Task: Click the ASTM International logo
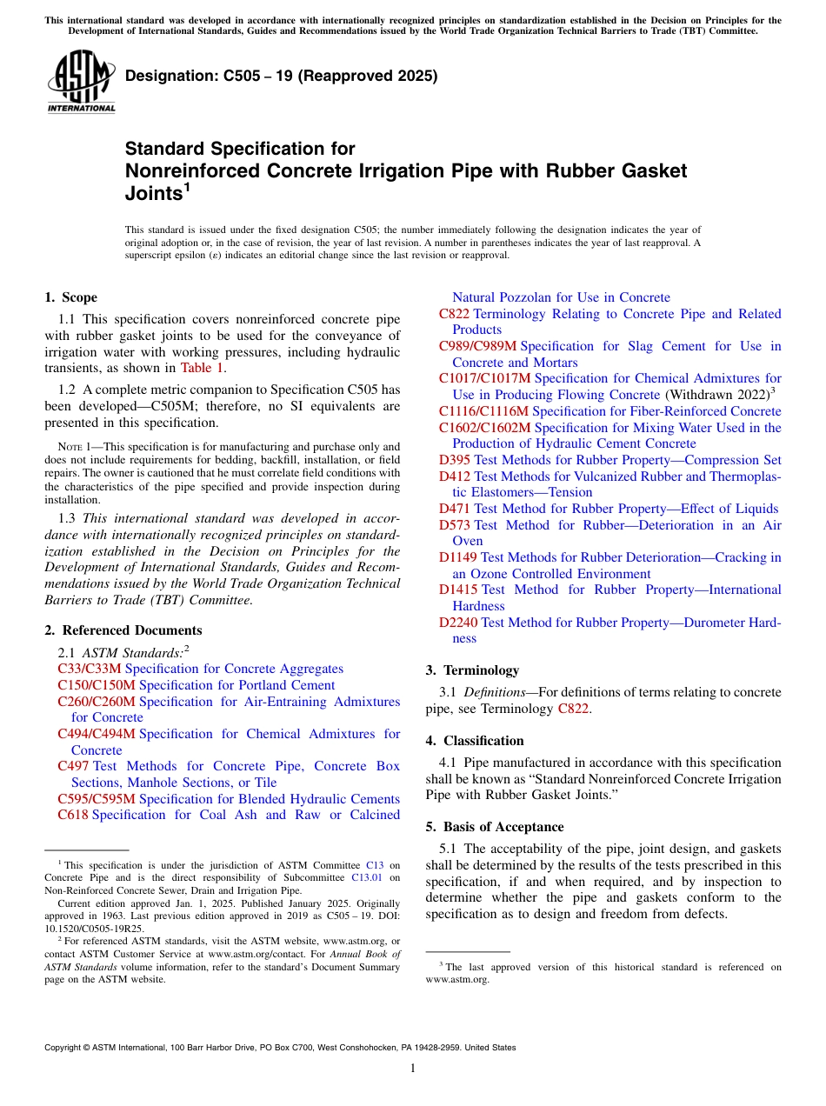tap(80, 82)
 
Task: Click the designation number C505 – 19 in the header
tap(282, 77)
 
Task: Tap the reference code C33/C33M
tap(90, 669)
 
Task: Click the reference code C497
tap(73, 766)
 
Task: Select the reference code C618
tap(73, 815)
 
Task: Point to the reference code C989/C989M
tap(477, 346)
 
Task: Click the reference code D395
tap(455, 460)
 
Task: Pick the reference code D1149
tap(458, 557)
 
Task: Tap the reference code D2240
tap(458, 623)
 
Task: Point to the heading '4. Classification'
tap(475, 741)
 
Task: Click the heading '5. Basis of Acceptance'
tap(495, 827)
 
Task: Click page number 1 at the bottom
tap(413, 1068)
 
